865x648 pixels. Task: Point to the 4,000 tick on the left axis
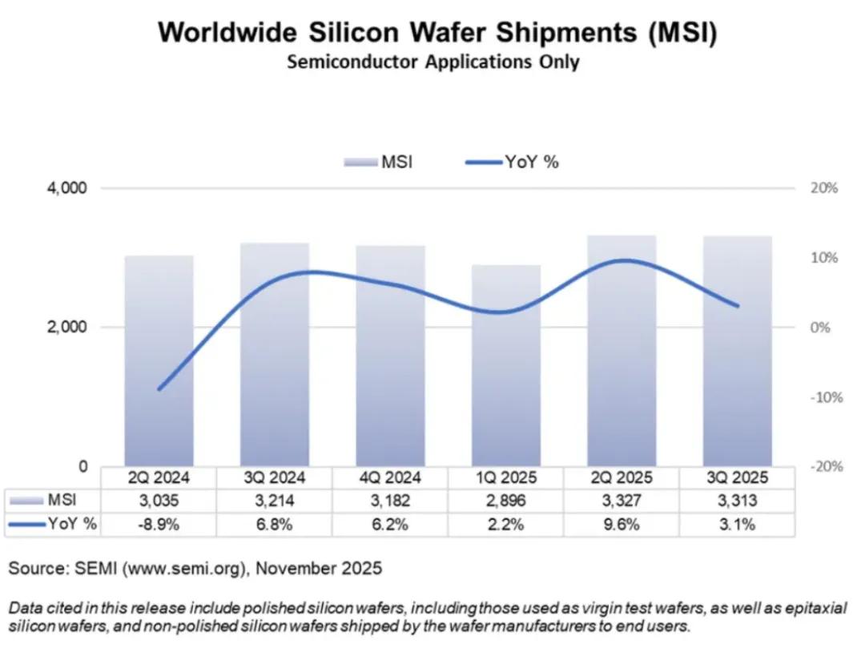click(x=66, y=188)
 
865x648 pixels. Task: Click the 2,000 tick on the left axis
click(x=66, y=328)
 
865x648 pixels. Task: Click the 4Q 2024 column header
click(x=390, y=478)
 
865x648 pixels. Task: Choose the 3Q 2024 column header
click(x=275, y=478)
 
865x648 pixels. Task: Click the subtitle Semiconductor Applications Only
click(x=432, y=62)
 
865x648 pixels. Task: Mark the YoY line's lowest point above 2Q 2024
click(x=160, y=389)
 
